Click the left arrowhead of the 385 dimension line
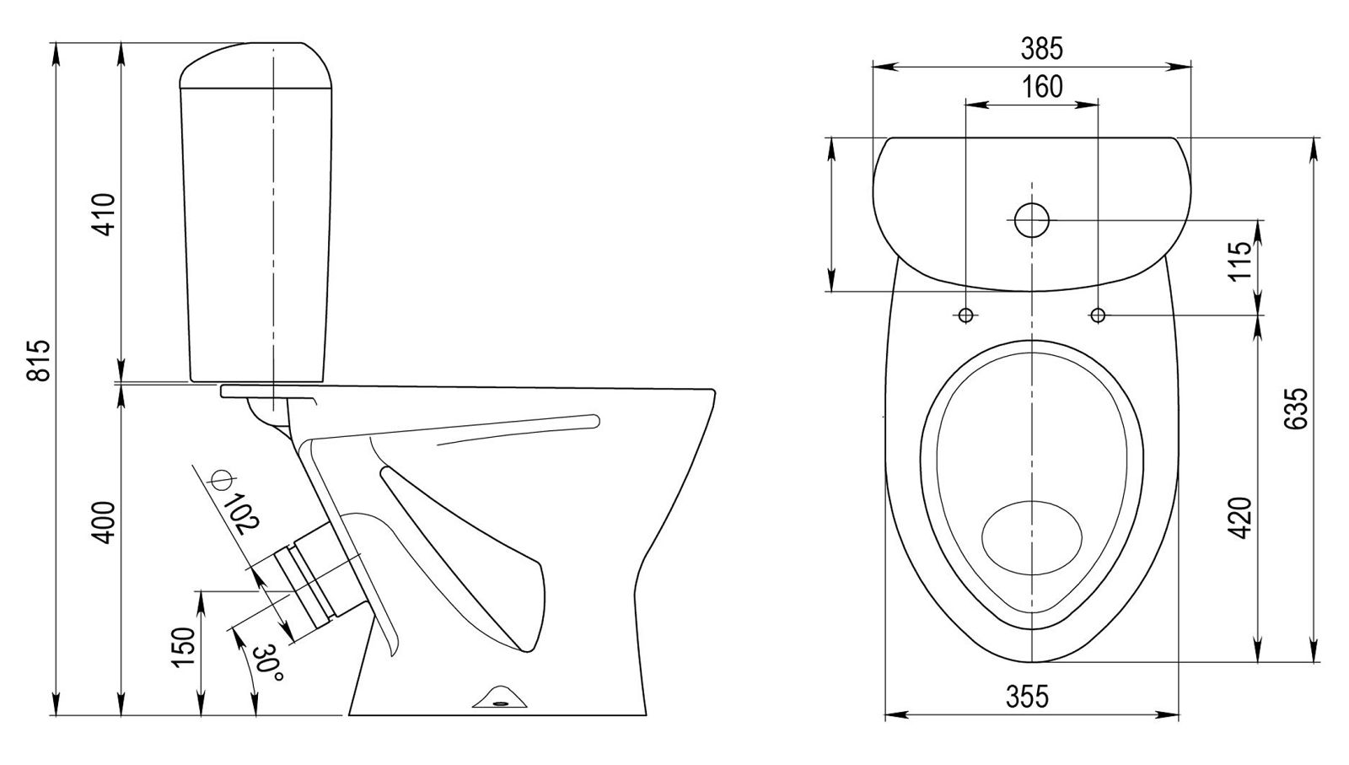click(x=882, y=67)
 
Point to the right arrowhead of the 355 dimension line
click(x=1169, y=715)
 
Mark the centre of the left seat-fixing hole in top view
click(x=966, y=315)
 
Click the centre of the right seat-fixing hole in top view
click(x=1098, y=315)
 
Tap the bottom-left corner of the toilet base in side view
click(x=349, y=715)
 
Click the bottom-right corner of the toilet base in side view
click(x=646, y=715)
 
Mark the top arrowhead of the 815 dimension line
click(x=56, y=52)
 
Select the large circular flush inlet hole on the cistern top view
click(x=1032, y=220)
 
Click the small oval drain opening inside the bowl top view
click(x=1032, y=537)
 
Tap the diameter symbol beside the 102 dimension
click(x=220, y=479)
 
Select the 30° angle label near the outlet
click(x=267, y=663)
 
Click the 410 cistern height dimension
click(x=105, y=214)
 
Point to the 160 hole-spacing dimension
click(x=1042, y=87)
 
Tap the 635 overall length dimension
click(x=1296, y=408)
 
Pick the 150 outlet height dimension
click(x=184, y=647)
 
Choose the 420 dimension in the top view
click(x=1240, y=518)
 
